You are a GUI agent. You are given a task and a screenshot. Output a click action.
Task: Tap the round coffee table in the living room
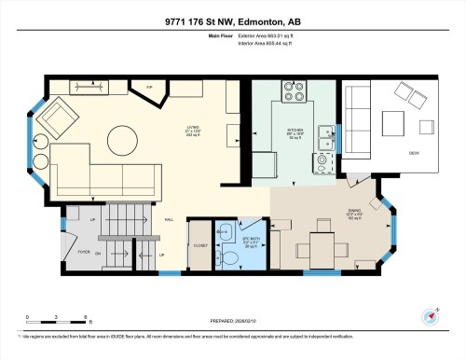pos(122,142)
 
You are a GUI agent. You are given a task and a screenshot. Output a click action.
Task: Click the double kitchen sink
pos(327,138)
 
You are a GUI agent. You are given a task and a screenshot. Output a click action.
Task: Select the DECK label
pos(411,151)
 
